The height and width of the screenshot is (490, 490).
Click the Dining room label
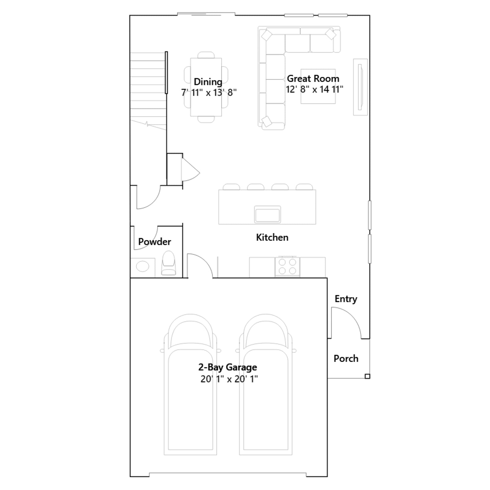click(208, 82)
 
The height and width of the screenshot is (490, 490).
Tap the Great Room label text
click(313, 79)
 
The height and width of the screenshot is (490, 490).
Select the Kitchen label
click(272, 237)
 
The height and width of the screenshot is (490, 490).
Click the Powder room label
click(155, 242)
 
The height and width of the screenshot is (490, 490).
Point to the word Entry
click(346, 299)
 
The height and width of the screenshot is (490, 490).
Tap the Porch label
click(346, 359)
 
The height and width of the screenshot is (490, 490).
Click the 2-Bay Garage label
click(228, 367)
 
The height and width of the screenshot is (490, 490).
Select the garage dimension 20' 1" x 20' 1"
click(229, 379)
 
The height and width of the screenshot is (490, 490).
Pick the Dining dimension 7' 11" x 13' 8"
click(209, 92)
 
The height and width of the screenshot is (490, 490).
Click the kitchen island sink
click(267, 214)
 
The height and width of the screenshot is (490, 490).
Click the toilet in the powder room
click(168, 263)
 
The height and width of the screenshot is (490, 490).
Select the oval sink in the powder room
click(142, 266)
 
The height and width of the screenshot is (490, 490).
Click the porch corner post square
click(367, 376)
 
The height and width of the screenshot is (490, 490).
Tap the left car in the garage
click(190, 384)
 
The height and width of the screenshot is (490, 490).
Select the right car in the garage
click(266, 384)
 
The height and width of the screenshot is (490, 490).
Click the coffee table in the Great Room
click(318, 86)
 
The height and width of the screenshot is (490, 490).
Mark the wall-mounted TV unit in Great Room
click(360, 87)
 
